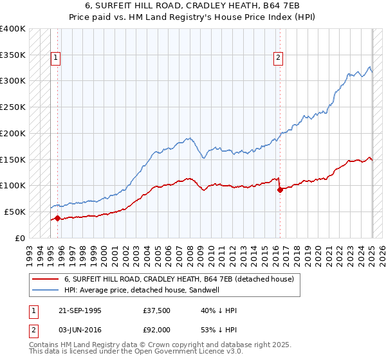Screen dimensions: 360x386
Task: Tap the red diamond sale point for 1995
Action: tap(57, 218)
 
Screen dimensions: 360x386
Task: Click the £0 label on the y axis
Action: tap(21, 238)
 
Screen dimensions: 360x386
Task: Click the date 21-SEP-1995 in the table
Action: tap(78, 310)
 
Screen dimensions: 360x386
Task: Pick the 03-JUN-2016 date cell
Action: tap(78, 330)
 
